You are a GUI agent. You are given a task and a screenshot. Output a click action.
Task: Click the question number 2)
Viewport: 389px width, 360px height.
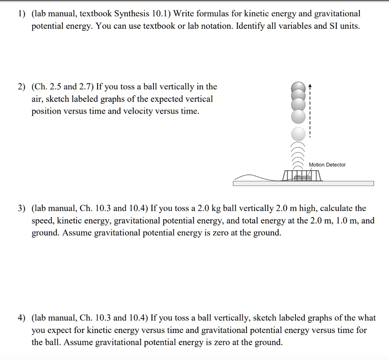[x=22, y=87]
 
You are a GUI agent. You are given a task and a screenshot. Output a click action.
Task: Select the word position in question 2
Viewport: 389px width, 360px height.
[x=45, y=112]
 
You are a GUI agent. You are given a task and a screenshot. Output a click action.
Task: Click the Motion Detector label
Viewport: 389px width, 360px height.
[x=327, y=165]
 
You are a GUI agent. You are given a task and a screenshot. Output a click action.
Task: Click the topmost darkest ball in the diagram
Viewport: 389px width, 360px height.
[x=299, y=87]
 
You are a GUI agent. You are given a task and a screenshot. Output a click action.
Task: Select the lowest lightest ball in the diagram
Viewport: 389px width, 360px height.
[x=299, y=134]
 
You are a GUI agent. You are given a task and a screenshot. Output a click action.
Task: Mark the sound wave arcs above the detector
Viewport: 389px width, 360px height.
[x=299, y=156]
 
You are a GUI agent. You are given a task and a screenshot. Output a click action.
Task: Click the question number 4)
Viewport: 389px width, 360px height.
[x=22, y=318]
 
